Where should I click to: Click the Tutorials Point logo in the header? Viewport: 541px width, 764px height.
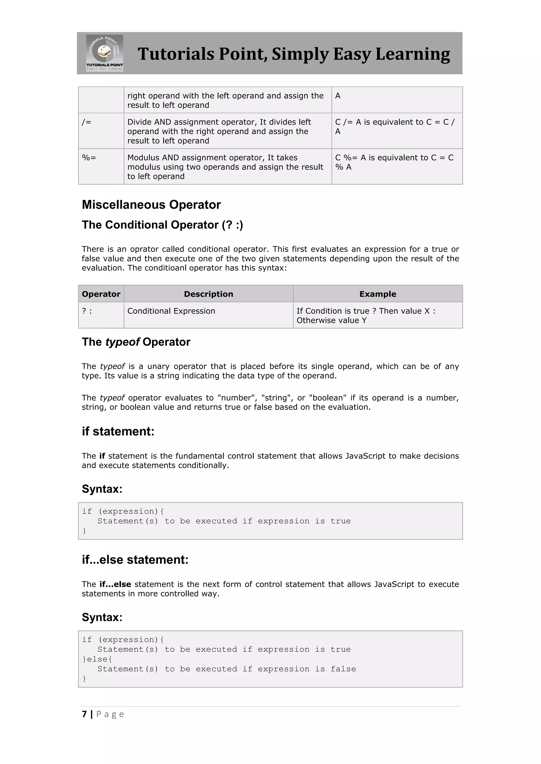(x=104, y=53)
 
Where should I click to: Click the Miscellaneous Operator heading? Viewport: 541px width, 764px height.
(x=151, y=205)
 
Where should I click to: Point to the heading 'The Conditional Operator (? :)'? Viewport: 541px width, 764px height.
(x=162, y=225)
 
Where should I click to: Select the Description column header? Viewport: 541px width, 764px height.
(x=208, y=294)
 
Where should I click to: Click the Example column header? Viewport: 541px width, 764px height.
(x=377, y=294)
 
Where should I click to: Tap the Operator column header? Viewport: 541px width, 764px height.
(x=101, y=294)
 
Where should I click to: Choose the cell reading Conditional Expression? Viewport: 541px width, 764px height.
(x=171, y=311)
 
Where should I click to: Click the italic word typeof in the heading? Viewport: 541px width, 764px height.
(x=123, y=342)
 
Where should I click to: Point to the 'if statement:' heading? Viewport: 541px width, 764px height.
(x=118, y=431)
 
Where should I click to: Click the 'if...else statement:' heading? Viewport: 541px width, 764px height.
(x=135, y=560)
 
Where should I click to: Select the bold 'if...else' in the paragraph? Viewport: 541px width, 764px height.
(x=115, y=584)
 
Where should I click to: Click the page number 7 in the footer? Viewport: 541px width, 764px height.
(x=84, y=714)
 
